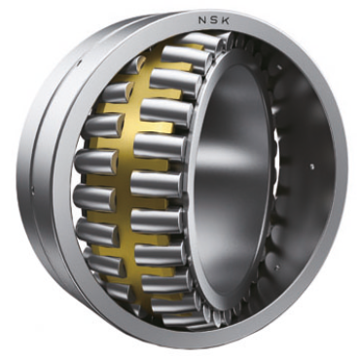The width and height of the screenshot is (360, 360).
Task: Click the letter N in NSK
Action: click(x=202, y=20)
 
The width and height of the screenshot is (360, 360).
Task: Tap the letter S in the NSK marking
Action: click(x=214, y=20)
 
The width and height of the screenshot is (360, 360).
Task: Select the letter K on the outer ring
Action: click(x=226, y=20)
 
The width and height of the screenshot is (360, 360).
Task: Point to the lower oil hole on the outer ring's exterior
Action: click(x=32, y=187)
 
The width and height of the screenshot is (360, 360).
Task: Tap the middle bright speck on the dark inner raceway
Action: click(x=312, y=167)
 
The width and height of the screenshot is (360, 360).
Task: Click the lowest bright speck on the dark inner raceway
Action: click(x=276, y=267)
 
